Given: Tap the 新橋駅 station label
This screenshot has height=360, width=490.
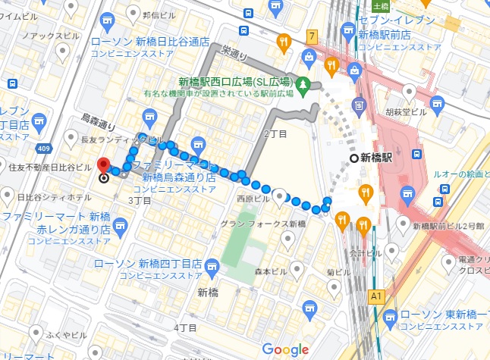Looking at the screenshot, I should tap(376, 158).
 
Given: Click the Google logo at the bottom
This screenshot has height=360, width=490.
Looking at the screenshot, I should tap(285, 349).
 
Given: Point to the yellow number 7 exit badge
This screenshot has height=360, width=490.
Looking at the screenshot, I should tap(312, 36).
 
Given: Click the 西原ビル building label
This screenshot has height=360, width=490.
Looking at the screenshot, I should tap(253, 199).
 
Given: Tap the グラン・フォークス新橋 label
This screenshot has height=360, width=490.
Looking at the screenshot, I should tap(262, 224).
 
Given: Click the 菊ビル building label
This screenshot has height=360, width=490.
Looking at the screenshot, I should tap(339, 272).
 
